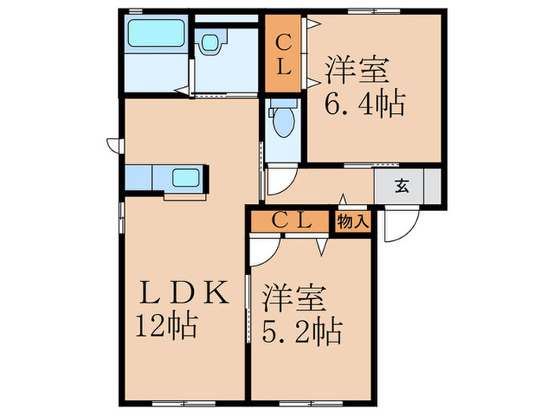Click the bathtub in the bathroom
pos(156,34)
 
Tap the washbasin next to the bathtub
pos(210,43)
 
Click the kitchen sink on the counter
pos(186,178)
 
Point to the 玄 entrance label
pos(402,187)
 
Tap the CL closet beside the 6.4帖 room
pos(283,54)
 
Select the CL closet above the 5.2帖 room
pos(289,221)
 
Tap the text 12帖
pos(165,326)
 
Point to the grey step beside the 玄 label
pos(432,187)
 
